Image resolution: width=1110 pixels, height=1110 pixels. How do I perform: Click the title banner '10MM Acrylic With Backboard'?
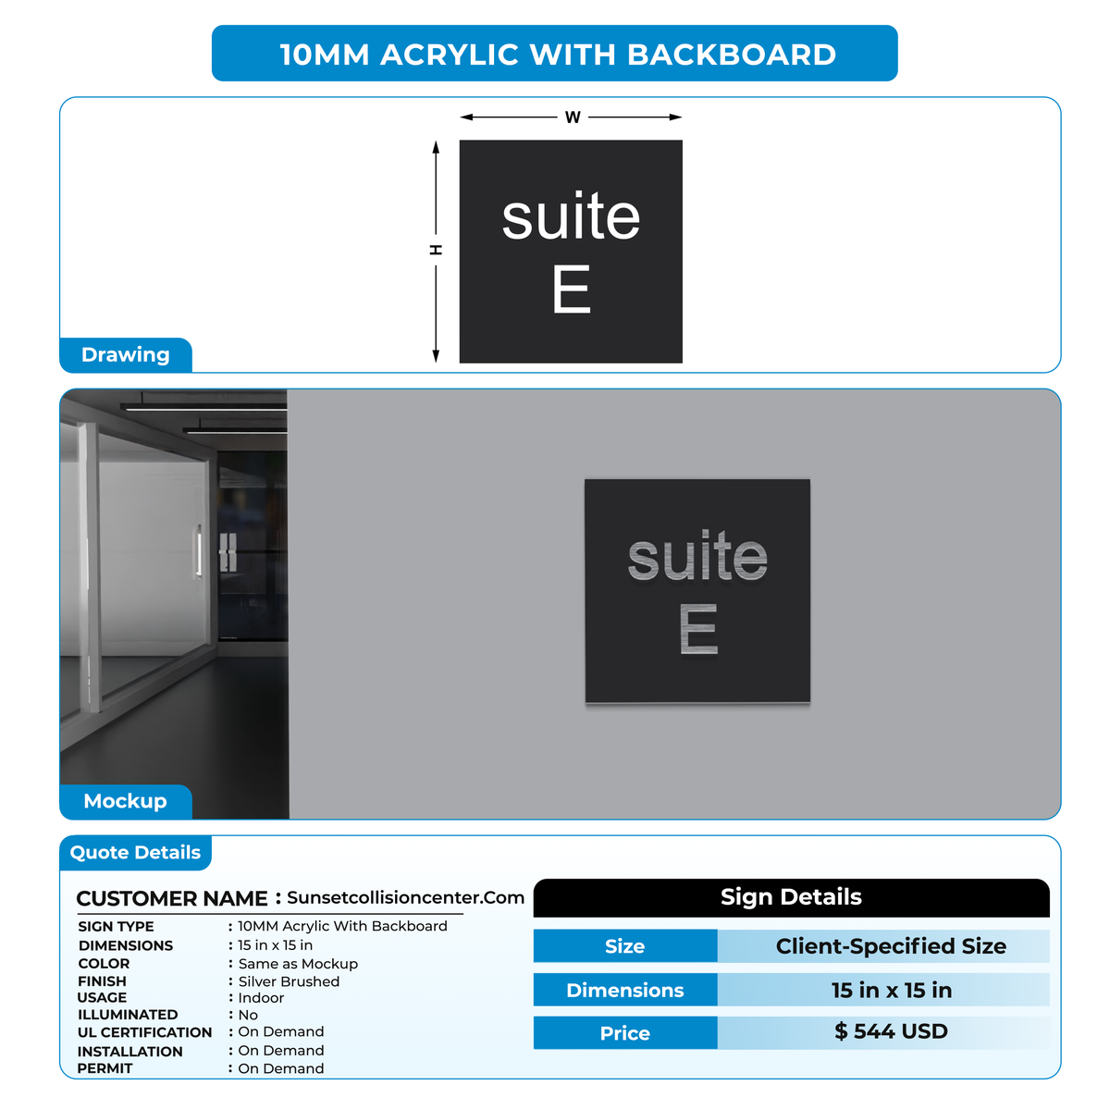[x=554, y=53]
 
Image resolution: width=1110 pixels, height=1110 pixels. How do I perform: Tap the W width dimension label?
[x=572, y=117]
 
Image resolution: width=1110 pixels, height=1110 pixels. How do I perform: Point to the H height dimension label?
[x=436, y=250]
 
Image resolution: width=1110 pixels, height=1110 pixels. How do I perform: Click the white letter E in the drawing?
[x=571, y=289]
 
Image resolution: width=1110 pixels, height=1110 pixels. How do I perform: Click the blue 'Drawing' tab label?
[x=126, y=355]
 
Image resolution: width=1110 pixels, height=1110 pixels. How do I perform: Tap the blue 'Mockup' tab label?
[x=126, y=801]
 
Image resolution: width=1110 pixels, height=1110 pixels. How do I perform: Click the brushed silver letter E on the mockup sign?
[x=698, y=628]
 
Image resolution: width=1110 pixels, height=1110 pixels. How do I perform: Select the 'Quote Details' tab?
[x=135, y=853]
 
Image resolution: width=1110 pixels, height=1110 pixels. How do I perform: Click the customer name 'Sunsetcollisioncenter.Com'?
[x=405, y=897]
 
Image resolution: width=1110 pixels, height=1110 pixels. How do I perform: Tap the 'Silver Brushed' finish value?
[x=289, y=981]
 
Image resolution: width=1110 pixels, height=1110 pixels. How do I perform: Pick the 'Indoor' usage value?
[x=261, y=998]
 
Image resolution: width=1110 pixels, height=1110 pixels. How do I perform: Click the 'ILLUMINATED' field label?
[x=128, y=1015]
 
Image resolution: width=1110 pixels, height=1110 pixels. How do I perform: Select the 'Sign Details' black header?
[x=791, y=897]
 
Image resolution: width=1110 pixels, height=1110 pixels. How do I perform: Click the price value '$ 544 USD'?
[x=891, y=1031]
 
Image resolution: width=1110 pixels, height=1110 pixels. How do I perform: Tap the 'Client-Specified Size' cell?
[x=891, y=946]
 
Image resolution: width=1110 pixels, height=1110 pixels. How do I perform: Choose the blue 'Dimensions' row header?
[x=625, y=990]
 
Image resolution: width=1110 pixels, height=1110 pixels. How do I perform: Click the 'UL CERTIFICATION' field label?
[x=144, y=1032]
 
